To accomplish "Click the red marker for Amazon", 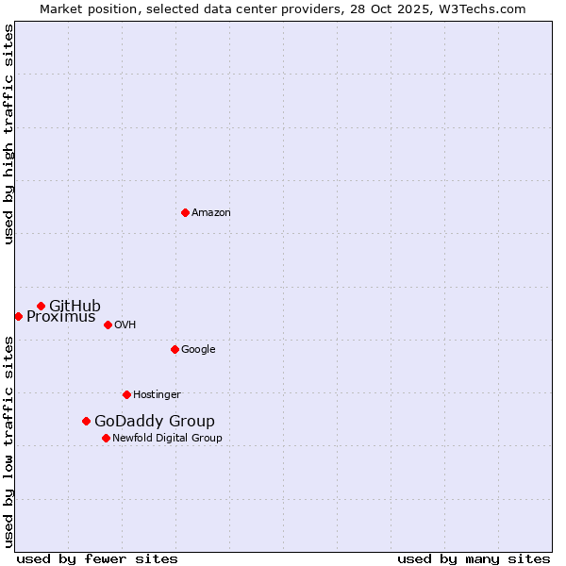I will click(185, 212).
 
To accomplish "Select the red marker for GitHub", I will click(41, 306).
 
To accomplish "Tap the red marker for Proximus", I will click(18, 316).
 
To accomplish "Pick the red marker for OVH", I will click(108, 325).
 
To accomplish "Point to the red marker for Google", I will click(175, 349).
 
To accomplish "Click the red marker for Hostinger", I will click(126, 394).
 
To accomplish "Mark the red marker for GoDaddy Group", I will click(86, 421).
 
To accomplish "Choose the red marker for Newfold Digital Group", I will click(106, 438).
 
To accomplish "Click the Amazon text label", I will click(211, 212).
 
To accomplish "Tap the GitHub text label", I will click(75, 306).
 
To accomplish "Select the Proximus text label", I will click(60, 317).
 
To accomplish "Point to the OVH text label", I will click(125, 325).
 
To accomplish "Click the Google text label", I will click(198, 349).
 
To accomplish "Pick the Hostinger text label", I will click(157, 394).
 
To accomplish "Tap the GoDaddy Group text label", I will click(155, 421).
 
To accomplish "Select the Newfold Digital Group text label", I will click(167, 438).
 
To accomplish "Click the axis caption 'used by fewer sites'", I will click(97, 558).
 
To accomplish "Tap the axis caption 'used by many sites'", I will click(474, 558).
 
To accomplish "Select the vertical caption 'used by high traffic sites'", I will click(8, 134).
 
